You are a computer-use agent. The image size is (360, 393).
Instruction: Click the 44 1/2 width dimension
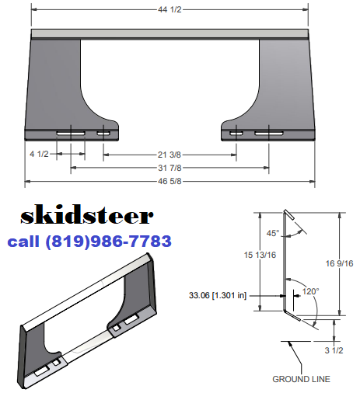170,10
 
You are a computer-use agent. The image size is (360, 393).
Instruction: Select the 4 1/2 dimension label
40,155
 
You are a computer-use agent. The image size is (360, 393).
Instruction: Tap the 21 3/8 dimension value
170,155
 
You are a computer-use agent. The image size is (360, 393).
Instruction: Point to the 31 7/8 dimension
170,168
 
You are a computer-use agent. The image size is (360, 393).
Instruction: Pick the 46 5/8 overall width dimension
170,182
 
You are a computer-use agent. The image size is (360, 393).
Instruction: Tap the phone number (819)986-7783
110,242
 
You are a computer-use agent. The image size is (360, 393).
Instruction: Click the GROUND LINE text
301,379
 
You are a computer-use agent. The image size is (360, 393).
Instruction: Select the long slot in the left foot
71,134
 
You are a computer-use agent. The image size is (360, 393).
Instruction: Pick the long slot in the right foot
268,134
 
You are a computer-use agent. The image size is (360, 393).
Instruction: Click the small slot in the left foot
103,134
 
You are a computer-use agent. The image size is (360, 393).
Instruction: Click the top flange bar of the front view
170,34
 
